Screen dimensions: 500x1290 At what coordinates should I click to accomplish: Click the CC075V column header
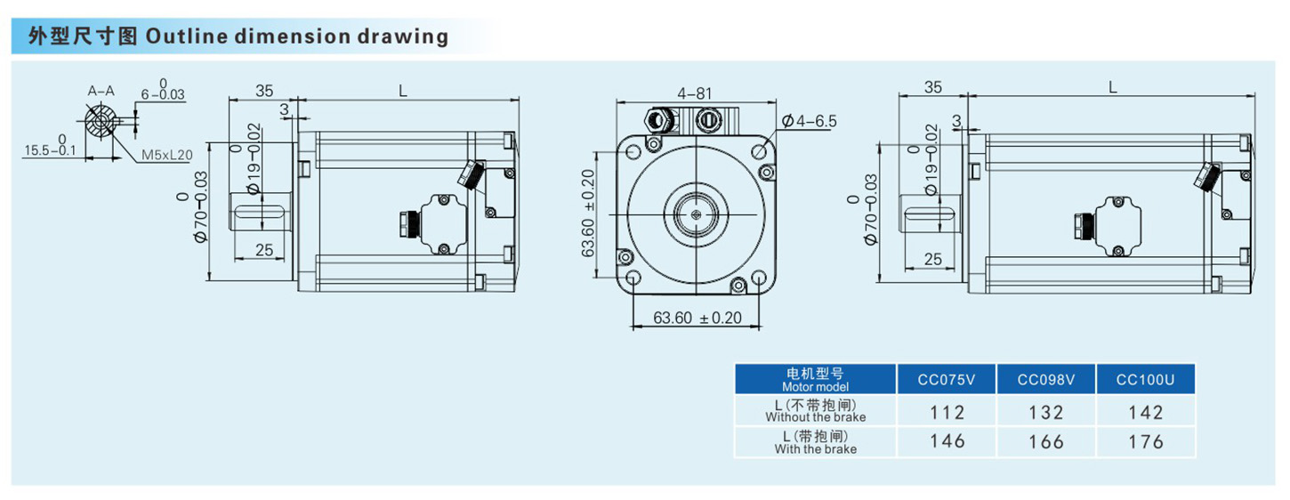pos(947,380)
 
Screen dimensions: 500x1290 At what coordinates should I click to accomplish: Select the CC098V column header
pos(1046,380)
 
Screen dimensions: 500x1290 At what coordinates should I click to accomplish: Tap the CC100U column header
pos(1145,380)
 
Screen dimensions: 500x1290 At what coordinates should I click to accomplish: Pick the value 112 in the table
pos(947,413)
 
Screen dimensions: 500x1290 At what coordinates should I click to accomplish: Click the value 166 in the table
pos(1046,441)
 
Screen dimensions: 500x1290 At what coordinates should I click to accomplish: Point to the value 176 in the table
pos(1145,441)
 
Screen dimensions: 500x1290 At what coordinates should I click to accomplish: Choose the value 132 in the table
pos(1046,413)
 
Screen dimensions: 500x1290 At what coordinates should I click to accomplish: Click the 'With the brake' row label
pos(815,442)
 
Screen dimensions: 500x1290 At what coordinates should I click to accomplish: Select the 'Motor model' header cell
pos(815,380)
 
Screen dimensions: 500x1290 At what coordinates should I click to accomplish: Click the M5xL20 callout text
pos(166,155)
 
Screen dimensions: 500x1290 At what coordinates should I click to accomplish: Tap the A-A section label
pos(101,91)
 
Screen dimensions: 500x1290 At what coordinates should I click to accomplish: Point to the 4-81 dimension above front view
pos(694,93)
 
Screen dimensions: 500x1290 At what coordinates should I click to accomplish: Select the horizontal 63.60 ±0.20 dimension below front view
pos(697,318)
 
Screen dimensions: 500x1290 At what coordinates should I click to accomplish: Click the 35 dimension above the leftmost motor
pos(264,90)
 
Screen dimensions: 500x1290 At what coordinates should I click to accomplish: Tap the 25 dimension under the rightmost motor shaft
pos(932,259)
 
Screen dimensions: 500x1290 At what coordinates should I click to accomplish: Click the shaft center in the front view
pos(695,214)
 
